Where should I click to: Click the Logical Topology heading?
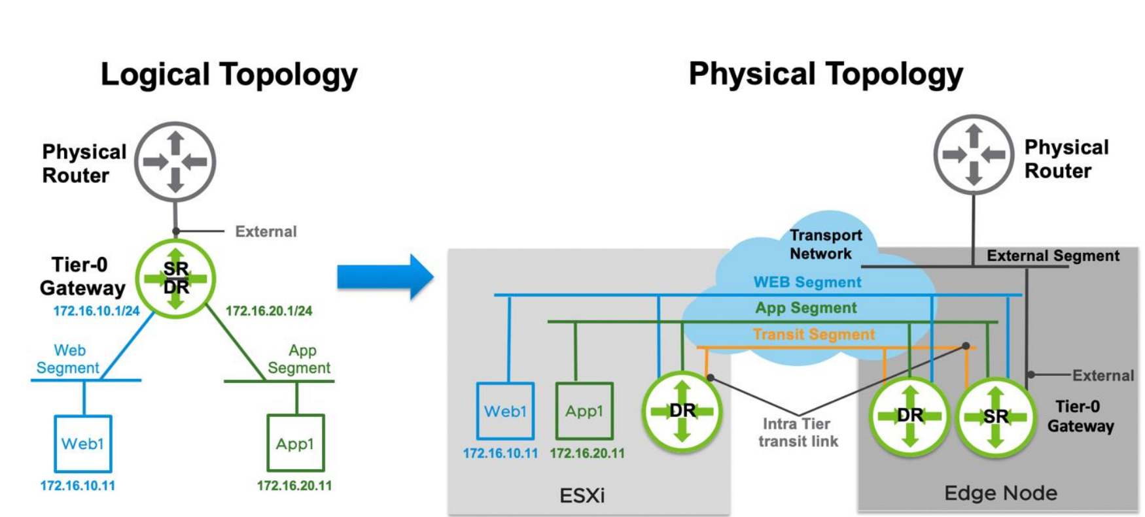coord(229,75)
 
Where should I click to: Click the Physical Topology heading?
coord(826,75)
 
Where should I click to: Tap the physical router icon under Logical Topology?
coord(175,161)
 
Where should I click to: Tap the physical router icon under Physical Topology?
coord(974,154)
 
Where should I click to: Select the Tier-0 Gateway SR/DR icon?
coord(175,278)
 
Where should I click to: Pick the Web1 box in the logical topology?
coord(83,444)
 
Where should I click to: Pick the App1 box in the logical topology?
coord(295,444)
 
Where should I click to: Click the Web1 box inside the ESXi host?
coord(505,411)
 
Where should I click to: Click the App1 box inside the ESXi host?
coord(584,411)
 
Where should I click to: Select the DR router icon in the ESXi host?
coord(682,411)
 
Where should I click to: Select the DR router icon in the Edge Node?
coord(909,415)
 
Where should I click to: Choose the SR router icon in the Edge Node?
coord(995,416)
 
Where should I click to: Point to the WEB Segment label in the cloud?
coord(807,282)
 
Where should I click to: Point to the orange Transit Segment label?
coord(813,335)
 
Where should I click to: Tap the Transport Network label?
coord(825,244)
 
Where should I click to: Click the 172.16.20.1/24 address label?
coord(269,311)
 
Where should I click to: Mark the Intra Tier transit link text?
coord(798,433)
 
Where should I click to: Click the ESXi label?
coord(582,495)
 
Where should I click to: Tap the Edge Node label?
coord(1000,493)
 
